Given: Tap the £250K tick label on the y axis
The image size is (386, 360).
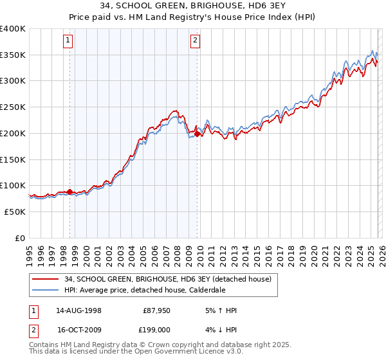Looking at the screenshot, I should click(13, 107).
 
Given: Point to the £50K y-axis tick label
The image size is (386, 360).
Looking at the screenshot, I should click(15, 212).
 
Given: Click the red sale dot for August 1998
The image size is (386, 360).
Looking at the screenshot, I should click(70, 192).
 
